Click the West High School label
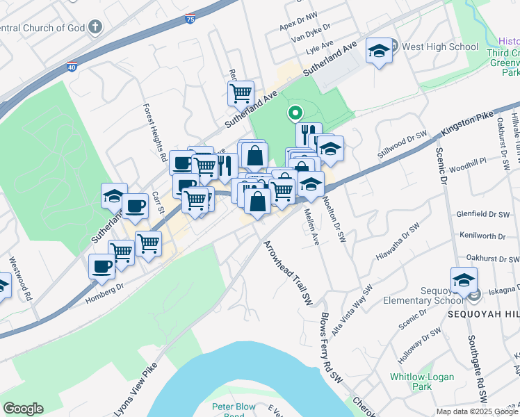click(x=439, y=47)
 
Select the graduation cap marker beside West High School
click(x=379, y=51)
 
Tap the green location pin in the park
click(x=295, y=112)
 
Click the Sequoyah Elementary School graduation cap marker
click(x=464, y=280)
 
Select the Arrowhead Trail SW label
click(x=287, y=272)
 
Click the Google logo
click(x=23, y=409)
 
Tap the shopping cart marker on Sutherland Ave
click(x=241, y=92)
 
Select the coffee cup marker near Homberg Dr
click(x=101, y=267)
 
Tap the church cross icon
click(x=95, y=28)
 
